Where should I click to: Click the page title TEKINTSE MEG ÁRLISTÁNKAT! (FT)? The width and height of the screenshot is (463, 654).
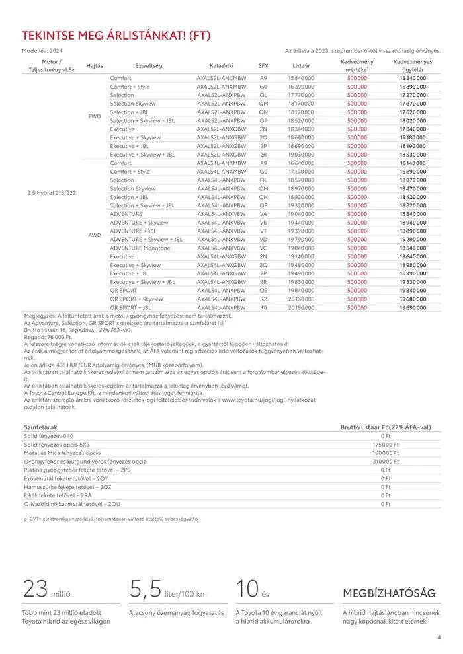[116, 36]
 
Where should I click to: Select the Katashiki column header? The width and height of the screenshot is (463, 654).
[222, 66]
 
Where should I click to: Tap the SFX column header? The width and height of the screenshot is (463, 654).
[263, 66]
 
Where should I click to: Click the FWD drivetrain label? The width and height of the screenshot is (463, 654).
[95, 116]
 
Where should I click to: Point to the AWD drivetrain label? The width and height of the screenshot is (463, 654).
[95, 235]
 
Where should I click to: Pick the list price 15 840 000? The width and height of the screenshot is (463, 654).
[301, 78]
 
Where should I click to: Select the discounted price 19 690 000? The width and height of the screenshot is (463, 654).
[413, 307]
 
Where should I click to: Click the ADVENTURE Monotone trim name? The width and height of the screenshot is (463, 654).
[140, 248]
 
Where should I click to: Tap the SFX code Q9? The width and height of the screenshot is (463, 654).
[263, 290]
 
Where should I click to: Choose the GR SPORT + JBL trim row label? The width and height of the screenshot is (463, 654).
[131, 307]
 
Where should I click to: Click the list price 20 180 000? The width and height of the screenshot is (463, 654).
[301, 299]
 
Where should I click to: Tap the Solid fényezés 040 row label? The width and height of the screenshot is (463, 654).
[49, 436]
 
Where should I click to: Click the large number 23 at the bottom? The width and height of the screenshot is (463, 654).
[35, 587]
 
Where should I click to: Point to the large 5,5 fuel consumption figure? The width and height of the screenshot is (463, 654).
[145, 587]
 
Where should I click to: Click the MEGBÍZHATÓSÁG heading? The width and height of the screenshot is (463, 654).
[388, 593]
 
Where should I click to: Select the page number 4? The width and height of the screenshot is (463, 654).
[439, 637]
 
